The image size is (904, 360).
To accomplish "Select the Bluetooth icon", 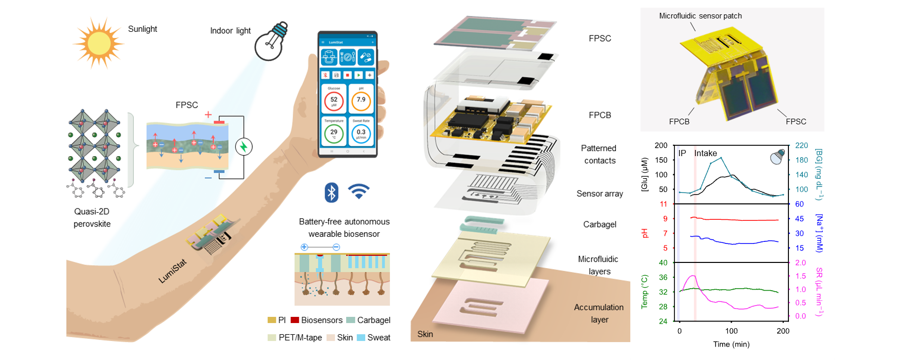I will (331, 192).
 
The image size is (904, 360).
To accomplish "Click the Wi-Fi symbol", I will (359, 192).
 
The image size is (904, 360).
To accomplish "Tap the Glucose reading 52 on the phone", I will (334, 101).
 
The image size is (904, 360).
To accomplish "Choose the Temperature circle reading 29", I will (334, 134).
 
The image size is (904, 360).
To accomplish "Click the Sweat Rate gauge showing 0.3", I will (361, 134).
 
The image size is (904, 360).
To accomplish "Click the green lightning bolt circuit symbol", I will (243, 147).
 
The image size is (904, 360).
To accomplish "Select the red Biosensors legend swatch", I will (295, 320).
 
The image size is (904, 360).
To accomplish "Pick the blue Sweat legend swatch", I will (361, 337).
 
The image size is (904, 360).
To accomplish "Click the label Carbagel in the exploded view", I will (599, 224).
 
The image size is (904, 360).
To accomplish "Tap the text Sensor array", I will (599, 194).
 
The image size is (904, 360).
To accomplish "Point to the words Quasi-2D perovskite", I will (92, 218).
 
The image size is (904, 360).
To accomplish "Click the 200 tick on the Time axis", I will (783, 331).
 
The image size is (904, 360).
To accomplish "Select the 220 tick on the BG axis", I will (801, 146).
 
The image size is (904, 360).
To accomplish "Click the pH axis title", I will (645, 233).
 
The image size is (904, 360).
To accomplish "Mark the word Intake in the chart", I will (705, 153).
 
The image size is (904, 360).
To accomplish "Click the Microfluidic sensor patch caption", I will (700, 16).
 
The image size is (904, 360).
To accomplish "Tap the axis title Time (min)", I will (731, 344).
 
